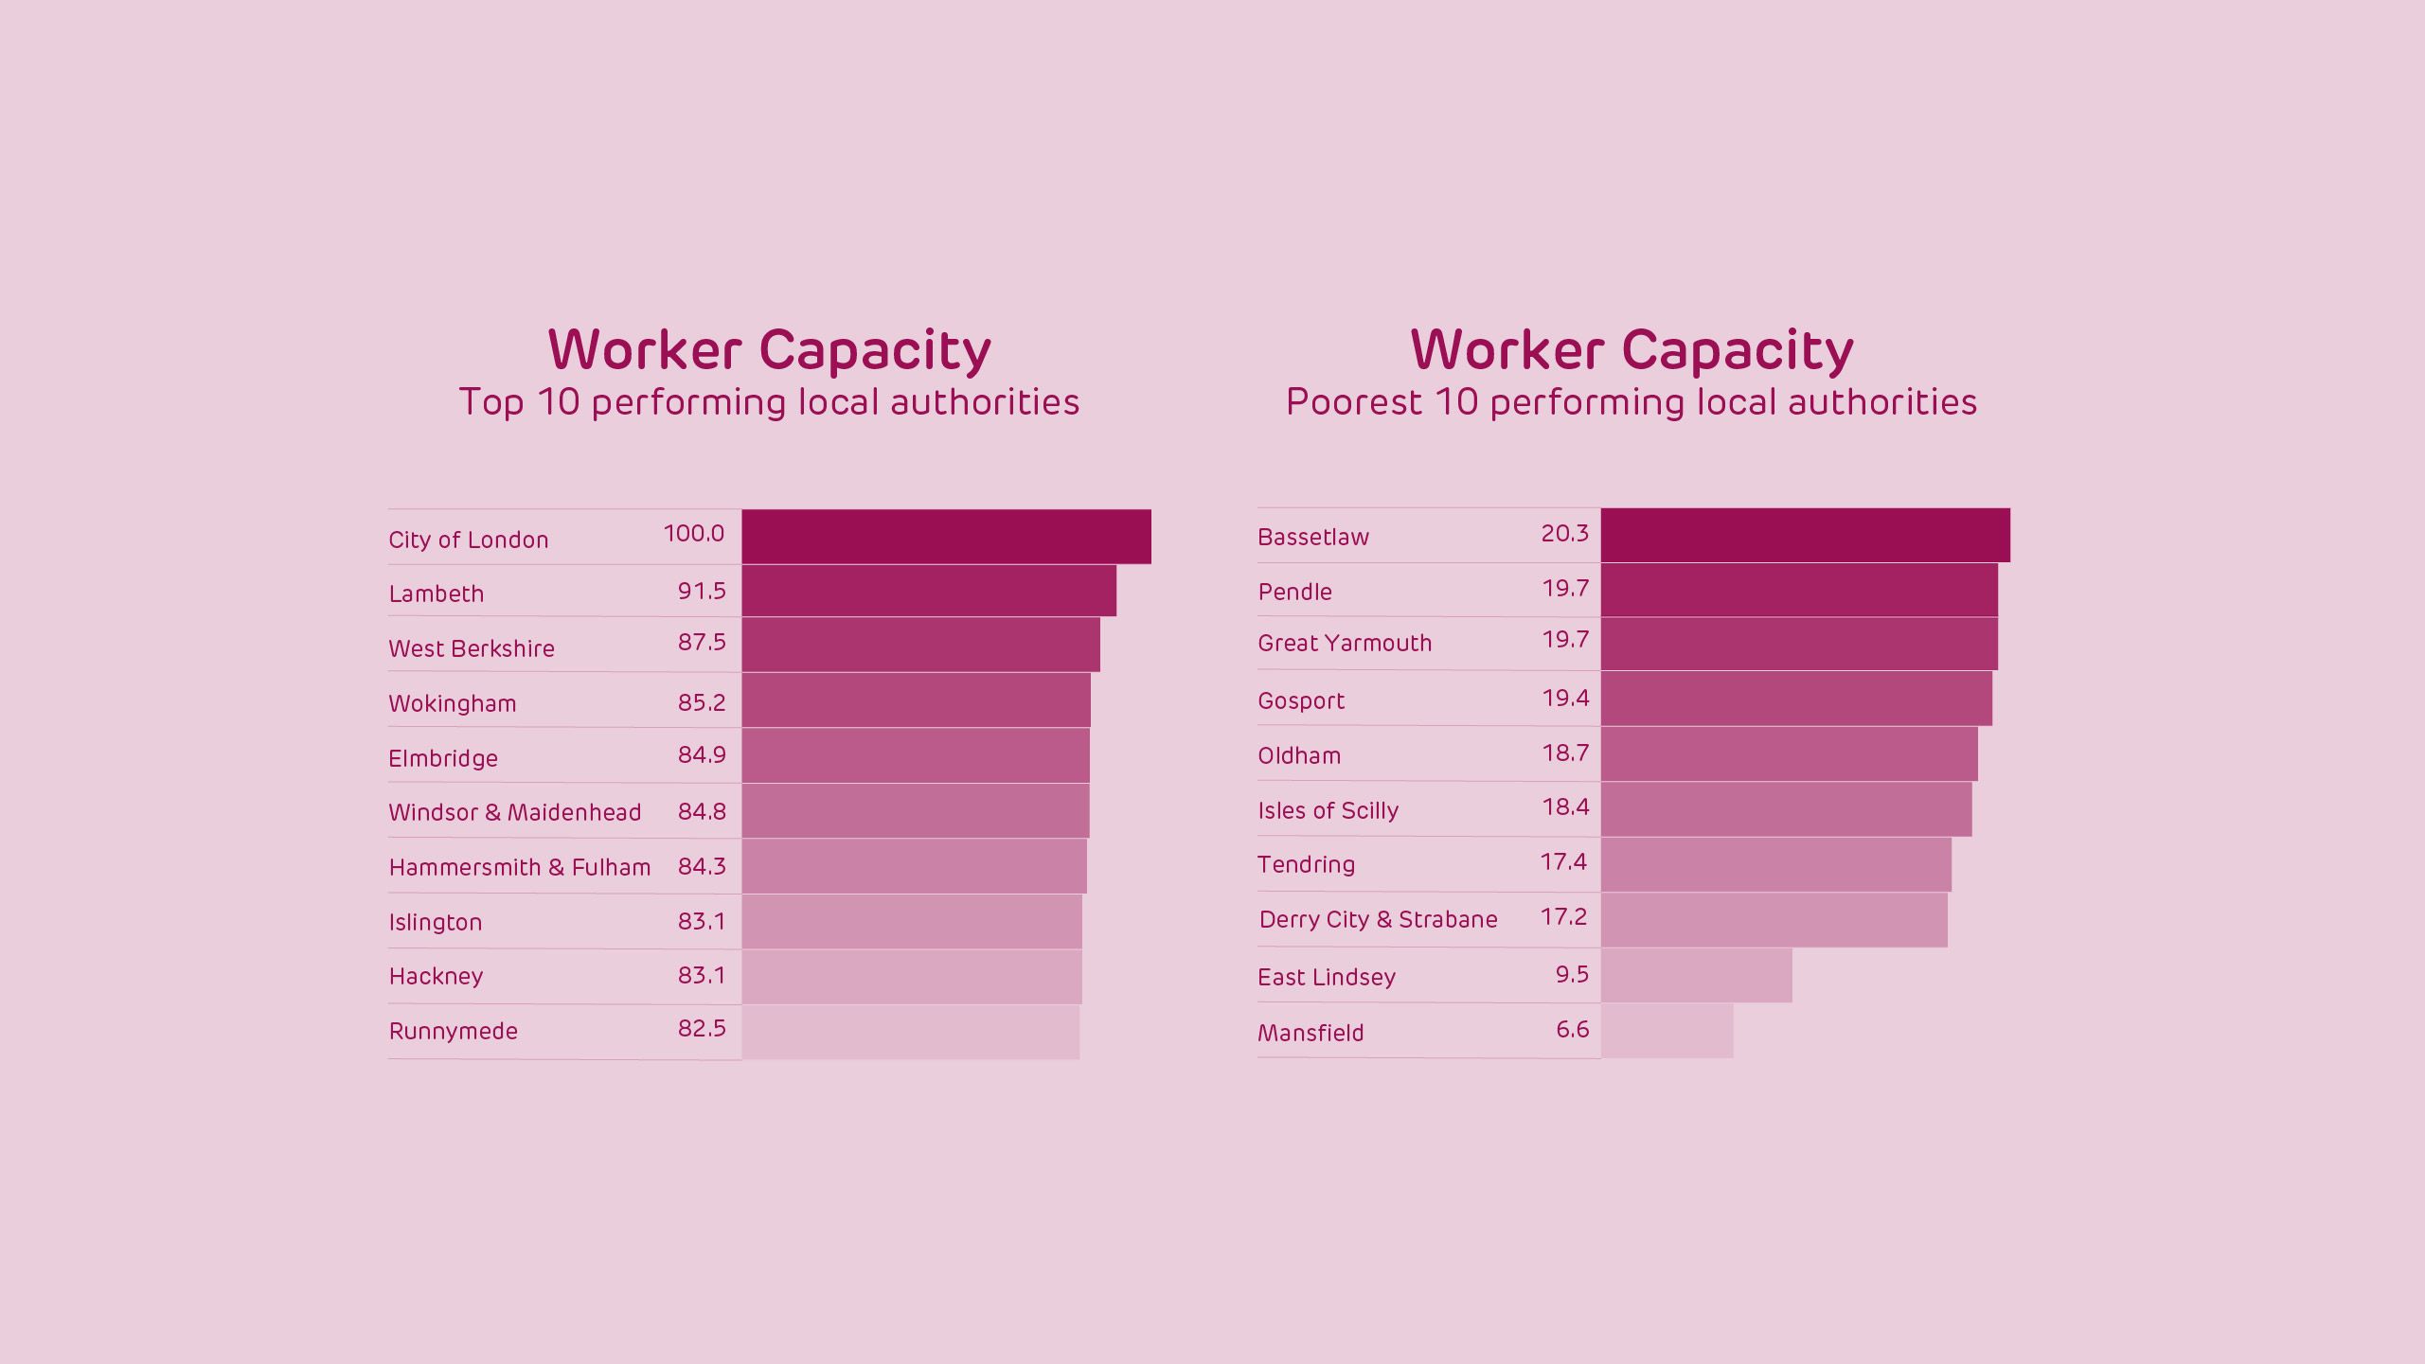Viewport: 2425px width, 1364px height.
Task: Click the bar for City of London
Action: [946, 537]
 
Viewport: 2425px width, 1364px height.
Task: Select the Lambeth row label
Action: [436, 593]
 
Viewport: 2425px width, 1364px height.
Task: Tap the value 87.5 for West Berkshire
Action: [702, 642]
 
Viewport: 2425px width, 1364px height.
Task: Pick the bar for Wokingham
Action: [916, 700]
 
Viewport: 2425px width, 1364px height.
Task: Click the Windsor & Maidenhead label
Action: [514, 812]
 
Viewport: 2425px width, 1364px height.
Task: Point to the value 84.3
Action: [702, 866]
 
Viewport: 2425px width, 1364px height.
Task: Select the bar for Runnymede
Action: [910, 1032]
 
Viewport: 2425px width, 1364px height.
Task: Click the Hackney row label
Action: [436, 976]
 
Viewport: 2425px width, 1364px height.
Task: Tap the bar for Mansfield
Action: [1667, 1031]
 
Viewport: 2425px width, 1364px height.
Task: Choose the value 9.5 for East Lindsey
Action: [1572, 974]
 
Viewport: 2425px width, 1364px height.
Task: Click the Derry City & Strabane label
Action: [1378, 919]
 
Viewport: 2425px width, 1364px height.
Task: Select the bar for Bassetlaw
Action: [1805, 535]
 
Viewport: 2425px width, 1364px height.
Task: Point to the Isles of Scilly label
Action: [1328, 810]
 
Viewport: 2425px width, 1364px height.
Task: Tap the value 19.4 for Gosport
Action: [1565, 698]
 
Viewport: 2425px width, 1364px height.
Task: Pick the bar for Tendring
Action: [1775, 865]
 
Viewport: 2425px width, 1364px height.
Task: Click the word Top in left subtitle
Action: [490, 402]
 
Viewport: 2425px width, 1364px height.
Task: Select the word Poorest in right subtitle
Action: [1353, 402]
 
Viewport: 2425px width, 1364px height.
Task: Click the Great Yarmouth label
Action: [1345, 643]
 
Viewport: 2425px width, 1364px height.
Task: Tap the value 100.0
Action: [693, 533]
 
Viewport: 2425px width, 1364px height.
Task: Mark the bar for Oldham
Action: [1789, 754]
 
